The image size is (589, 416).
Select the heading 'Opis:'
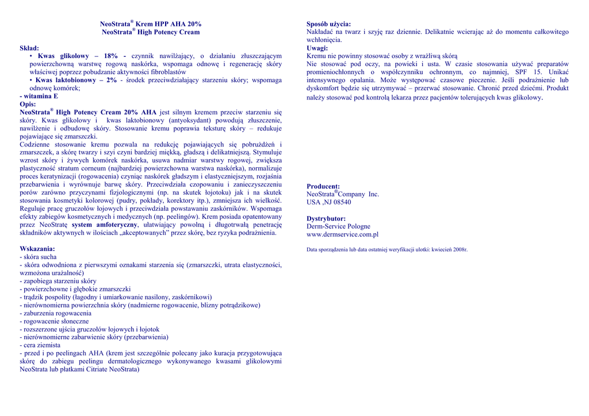[28, 105]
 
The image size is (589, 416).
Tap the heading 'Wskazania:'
[37, 249]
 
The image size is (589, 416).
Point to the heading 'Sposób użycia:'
[328, 24]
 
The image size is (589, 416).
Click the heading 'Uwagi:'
[317, 48]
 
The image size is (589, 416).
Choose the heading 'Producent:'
[323, 186]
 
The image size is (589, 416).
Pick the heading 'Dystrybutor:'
[326, 218]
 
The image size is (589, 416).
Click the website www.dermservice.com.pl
[342, 234]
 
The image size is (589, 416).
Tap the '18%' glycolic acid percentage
[111, 56]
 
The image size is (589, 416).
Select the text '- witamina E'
[39, 97]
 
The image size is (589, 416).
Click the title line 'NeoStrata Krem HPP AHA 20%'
[151, 24]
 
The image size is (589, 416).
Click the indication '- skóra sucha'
[38, 257]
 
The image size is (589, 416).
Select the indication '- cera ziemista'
[41, 345]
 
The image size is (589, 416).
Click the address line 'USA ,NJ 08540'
[329, 202]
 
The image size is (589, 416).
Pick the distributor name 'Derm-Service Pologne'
[339, 226]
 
